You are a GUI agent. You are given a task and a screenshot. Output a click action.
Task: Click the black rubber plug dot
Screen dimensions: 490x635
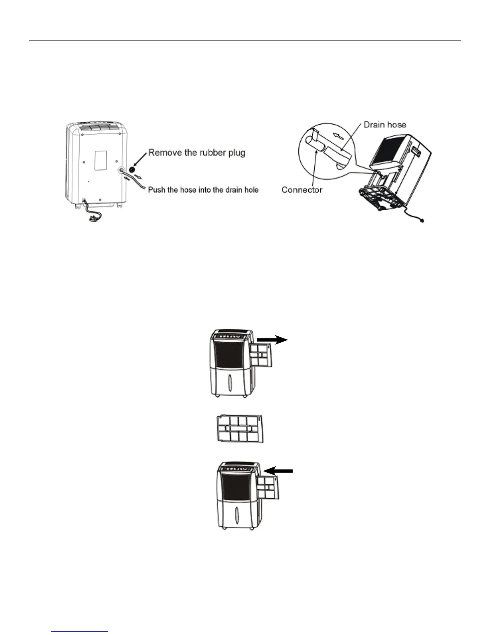[132, 159]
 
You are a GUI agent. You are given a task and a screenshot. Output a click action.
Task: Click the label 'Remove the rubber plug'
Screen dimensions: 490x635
[197, 153]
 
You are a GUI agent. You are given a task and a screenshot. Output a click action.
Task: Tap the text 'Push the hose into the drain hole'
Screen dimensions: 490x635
[203, 190]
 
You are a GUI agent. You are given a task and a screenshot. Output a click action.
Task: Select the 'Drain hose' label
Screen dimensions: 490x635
[385, 125]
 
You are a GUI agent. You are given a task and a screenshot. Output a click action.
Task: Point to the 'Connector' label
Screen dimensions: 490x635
[302, 190]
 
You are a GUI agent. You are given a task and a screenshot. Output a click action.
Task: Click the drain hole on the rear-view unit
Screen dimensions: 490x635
[120, 170]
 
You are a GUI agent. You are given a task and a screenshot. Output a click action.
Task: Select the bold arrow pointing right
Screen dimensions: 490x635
[272, 340]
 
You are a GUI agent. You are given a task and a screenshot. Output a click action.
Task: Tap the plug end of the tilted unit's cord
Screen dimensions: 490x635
[421, 220]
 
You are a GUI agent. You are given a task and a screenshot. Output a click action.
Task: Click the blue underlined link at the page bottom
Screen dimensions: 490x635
[80, 632]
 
